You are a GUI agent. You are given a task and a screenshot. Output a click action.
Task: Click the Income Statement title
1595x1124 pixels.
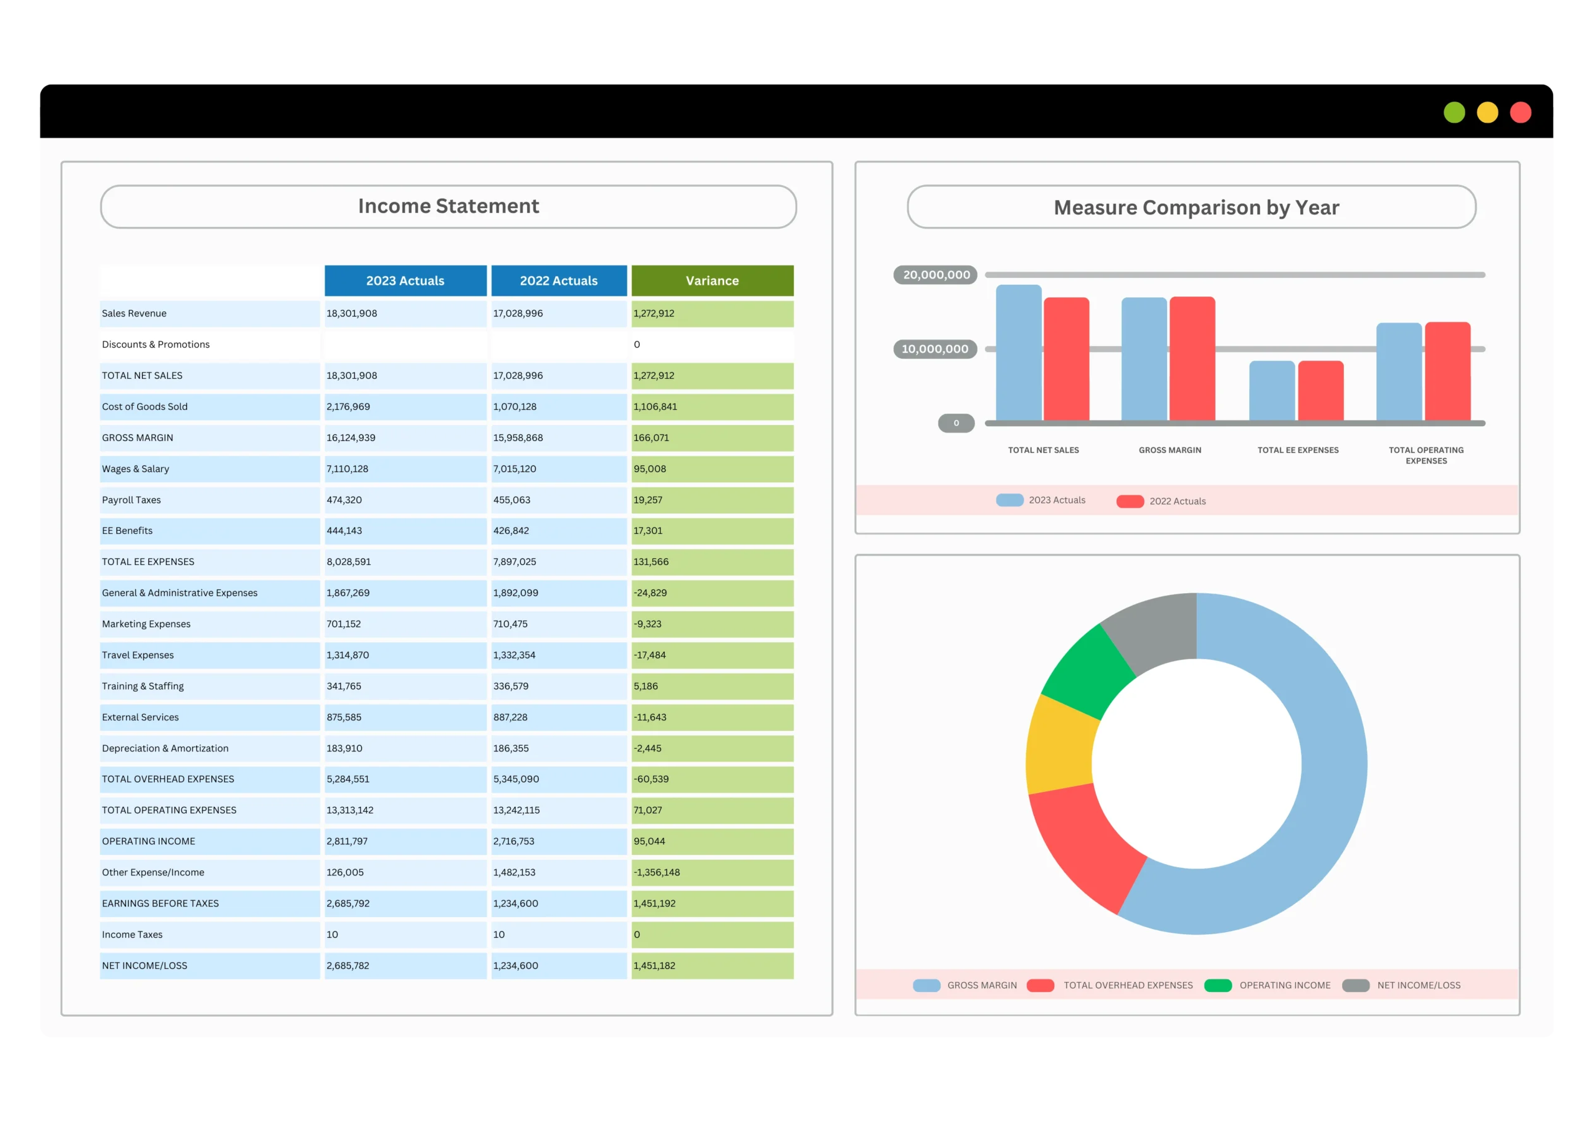pyautogui.click(x=448, y=206)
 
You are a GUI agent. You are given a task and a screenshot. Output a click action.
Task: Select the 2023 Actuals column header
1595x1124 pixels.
pyautogui.click(x=405, y=280)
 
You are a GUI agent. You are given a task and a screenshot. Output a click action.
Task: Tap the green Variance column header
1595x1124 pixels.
pyautogui.click(x=712, y=280)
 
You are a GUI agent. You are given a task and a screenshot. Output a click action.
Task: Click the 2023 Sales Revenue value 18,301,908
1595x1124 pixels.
pyautogui.click(x=352, y=313)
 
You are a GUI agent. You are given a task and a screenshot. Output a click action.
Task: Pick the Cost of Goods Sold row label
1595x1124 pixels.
pyautogui.click(x=145, y=406)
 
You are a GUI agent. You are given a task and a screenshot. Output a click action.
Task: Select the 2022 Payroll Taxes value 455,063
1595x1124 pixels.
pyautogui.click(x=512, y=500)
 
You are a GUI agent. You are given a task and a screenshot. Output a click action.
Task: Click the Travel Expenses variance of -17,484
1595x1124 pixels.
pyautogui.click(x=650, y=655)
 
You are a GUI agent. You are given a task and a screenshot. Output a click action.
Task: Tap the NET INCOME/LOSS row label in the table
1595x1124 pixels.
pyautogui.click(x=145, y=966)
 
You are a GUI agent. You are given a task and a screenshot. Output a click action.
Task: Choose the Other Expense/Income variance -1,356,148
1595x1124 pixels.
pyautogui.click(x=657, y=872)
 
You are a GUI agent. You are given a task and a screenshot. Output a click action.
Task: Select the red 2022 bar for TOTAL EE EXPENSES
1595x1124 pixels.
pyautogui.click(x=1320, y=391)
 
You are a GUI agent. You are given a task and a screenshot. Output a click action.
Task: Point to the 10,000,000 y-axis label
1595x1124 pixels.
pyautogui.click(x=935, y=349)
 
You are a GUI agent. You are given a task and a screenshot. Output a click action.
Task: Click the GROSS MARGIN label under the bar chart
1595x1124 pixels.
pyautogui.click(x=1170, y=450)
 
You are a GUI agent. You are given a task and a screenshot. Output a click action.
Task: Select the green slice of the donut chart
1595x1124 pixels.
pyautogui.click(x=1088, y=670)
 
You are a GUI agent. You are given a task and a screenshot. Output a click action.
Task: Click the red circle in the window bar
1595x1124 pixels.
pyautogui.click(x=1521, y=113)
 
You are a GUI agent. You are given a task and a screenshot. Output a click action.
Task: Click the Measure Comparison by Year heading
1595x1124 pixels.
pyautogui.click(x=1196, y=207)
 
